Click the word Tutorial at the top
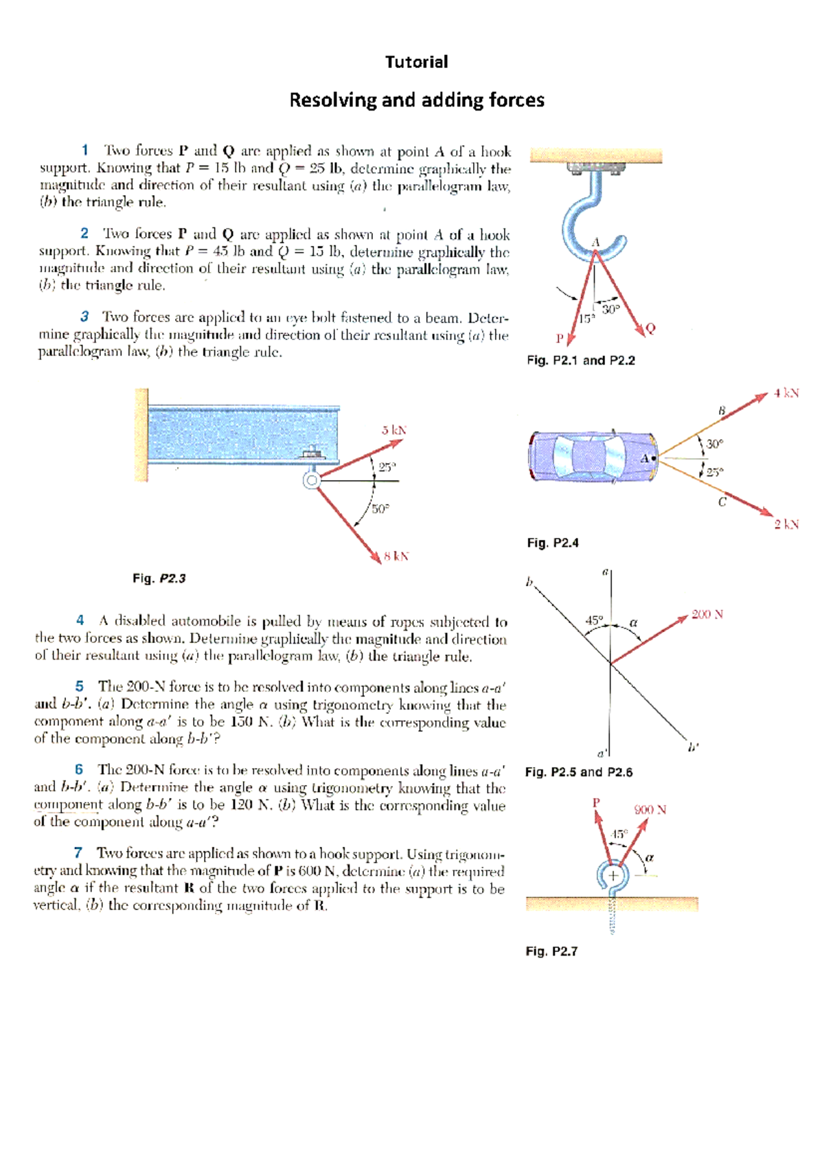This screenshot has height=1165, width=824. click(x=416, y=62)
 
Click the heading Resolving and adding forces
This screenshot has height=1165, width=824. click(x=416, y=100)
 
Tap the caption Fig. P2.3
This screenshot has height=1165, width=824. click(x=159, y=578)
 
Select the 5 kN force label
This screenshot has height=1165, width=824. click(x=393, y=430)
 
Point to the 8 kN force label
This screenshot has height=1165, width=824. click(x=396, y=556)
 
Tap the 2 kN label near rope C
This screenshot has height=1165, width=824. click(x=786, y=524)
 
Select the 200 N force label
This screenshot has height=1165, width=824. click(x=707, y=614)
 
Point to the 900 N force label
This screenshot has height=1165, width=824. click(x=650, y=809)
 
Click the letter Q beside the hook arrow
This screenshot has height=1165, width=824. click(x=650, y=328)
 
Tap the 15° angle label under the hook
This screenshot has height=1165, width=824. click(x=586, y=319)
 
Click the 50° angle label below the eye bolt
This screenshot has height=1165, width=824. click(x=380, y=509)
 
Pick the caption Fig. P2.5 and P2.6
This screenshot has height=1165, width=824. click(x=578, y=772)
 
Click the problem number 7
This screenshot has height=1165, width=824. click(x=78, y=852)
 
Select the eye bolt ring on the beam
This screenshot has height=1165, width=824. click(x=312, y=480)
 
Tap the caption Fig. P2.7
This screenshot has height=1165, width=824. click(x=551, y=951)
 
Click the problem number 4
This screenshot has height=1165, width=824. click(x=80, y=620)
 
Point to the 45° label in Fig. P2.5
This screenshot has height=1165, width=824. click(x=594, y=620)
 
